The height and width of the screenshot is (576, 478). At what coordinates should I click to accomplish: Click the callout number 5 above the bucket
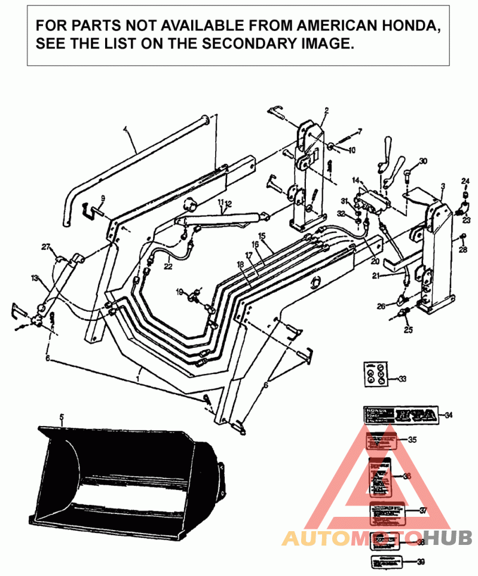point(61,420)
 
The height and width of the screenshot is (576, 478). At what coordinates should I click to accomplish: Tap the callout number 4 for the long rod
point(125,128)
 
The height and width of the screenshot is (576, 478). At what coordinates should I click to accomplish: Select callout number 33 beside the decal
point(402,378)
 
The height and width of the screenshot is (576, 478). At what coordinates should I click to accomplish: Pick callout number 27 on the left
point(45,247)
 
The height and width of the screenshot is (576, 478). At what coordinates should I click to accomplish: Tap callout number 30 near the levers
point(423,161)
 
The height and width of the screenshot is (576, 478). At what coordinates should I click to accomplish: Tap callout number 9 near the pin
point(102,198)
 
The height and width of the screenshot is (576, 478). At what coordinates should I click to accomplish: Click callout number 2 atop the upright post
point(327,111)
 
